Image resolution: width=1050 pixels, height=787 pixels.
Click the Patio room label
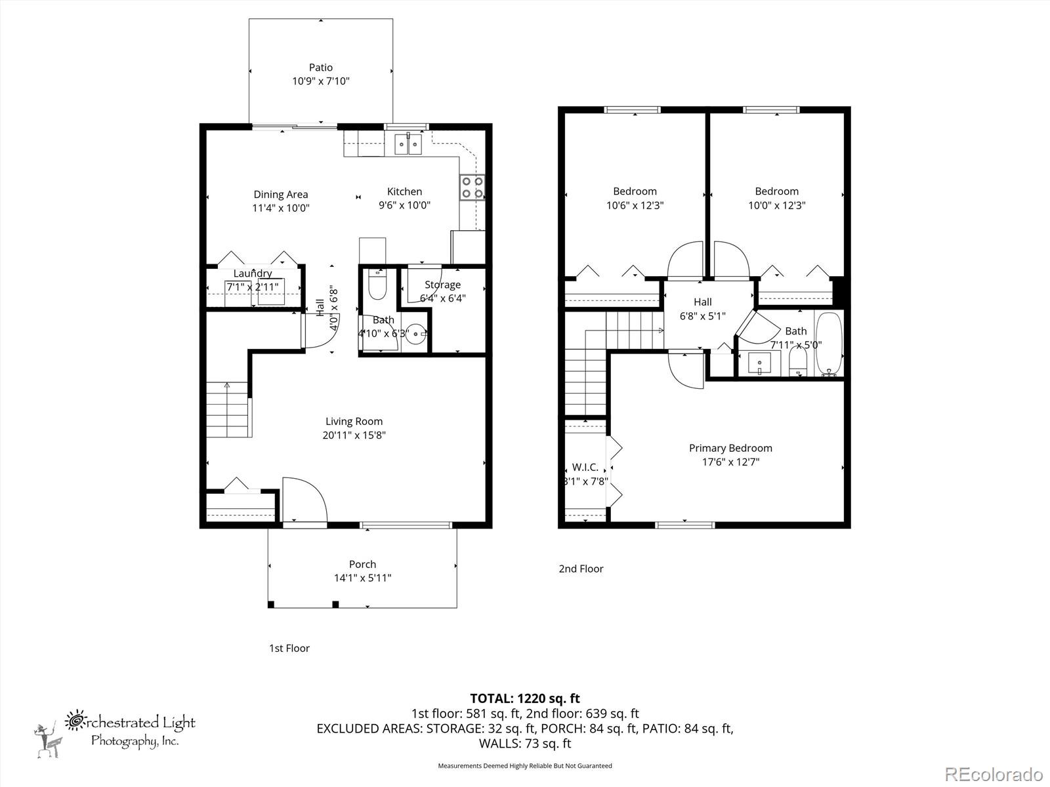tap(321, 67)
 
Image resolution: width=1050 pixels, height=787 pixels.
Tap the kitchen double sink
tap(408, 144)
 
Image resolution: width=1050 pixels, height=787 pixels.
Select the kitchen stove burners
tap(472, 187)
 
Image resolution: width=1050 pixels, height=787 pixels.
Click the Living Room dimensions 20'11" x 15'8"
tap(354, 435)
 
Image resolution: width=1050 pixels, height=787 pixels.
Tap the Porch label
tap(362, 564)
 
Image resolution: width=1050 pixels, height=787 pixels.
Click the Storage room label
tap(442, 285)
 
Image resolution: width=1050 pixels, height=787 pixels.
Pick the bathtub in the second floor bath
tap(828, 344)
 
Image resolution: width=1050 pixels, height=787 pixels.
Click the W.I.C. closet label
tap(585, 467)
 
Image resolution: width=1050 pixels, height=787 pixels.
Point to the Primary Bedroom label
tap(730, 448)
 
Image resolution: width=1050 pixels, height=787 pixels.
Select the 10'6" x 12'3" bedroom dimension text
tap(635, 205)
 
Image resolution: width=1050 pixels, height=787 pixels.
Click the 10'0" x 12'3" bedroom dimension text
tap(776, 205)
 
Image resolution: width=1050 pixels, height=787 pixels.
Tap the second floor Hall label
tap(702, 302)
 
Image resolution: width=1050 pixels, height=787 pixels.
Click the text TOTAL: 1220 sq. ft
tap(525, 698)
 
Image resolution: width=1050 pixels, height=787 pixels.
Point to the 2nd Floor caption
tap(581, 569)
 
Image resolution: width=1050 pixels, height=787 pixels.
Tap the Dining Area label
tap(281, 194)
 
